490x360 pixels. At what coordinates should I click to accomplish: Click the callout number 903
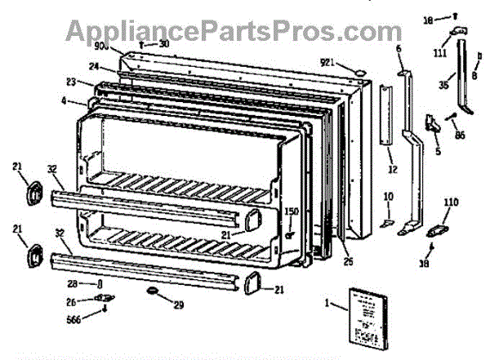(125, 46)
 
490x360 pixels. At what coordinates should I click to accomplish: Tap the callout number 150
(292, 211)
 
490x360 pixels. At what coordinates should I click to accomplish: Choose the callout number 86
(461, 135)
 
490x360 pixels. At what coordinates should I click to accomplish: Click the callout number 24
(95, 67)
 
